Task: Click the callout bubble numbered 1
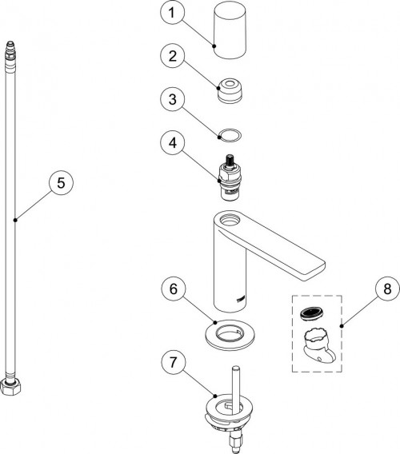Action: [172, 13]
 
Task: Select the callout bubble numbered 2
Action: [172, 56]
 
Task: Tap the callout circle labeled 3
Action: [172, 99]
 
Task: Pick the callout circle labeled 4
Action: [172, 142]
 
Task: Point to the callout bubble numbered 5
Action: [61, 183]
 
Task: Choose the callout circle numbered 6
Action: [174, 289]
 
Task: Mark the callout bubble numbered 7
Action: [174, 362]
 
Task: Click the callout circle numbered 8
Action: [387, 289]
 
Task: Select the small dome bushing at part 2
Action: [229, 90]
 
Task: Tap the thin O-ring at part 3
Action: [230, 135]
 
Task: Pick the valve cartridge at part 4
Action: [230, 177]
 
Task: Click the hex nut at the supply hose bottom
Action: [10, 386]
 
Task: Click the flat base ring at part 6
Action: [230, 334]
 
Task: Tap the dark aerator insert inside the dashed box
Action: [311, 313]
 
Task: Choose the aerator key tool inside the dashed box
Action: [318, 344]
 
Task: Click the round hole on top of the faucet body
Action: [230, 219]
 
